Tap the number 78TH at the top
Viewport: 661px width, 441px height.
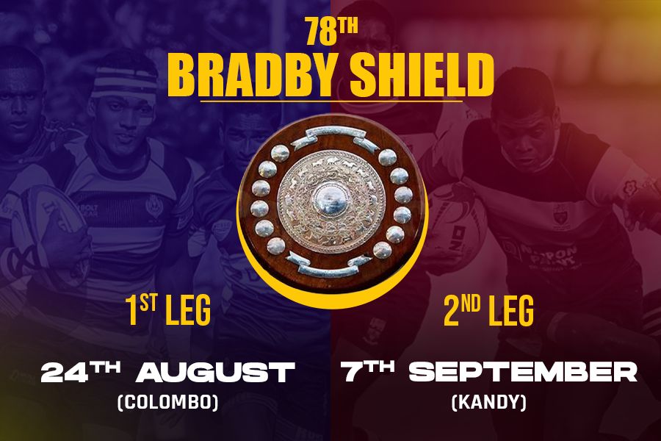[332, 32]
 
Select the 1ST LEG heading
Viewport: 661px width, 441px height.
[167, 311]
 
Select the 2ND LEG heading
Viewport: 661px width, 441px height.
[489, 311]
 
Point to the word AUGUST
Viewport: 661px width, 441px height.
[215, 373]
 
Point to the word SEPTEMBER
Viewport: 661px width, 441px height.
[523, 372]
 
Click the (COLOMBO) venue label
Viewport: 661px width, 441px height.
[168, 402]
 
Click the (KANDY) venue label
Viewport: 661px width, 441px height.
[489, 402]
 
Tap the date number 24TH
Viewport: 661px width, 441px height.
[80, 371]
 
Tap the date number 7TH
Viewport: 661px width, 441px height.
[367, 371]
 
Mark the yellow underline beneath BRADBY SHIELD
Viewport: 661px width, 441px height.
[331, 101]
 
